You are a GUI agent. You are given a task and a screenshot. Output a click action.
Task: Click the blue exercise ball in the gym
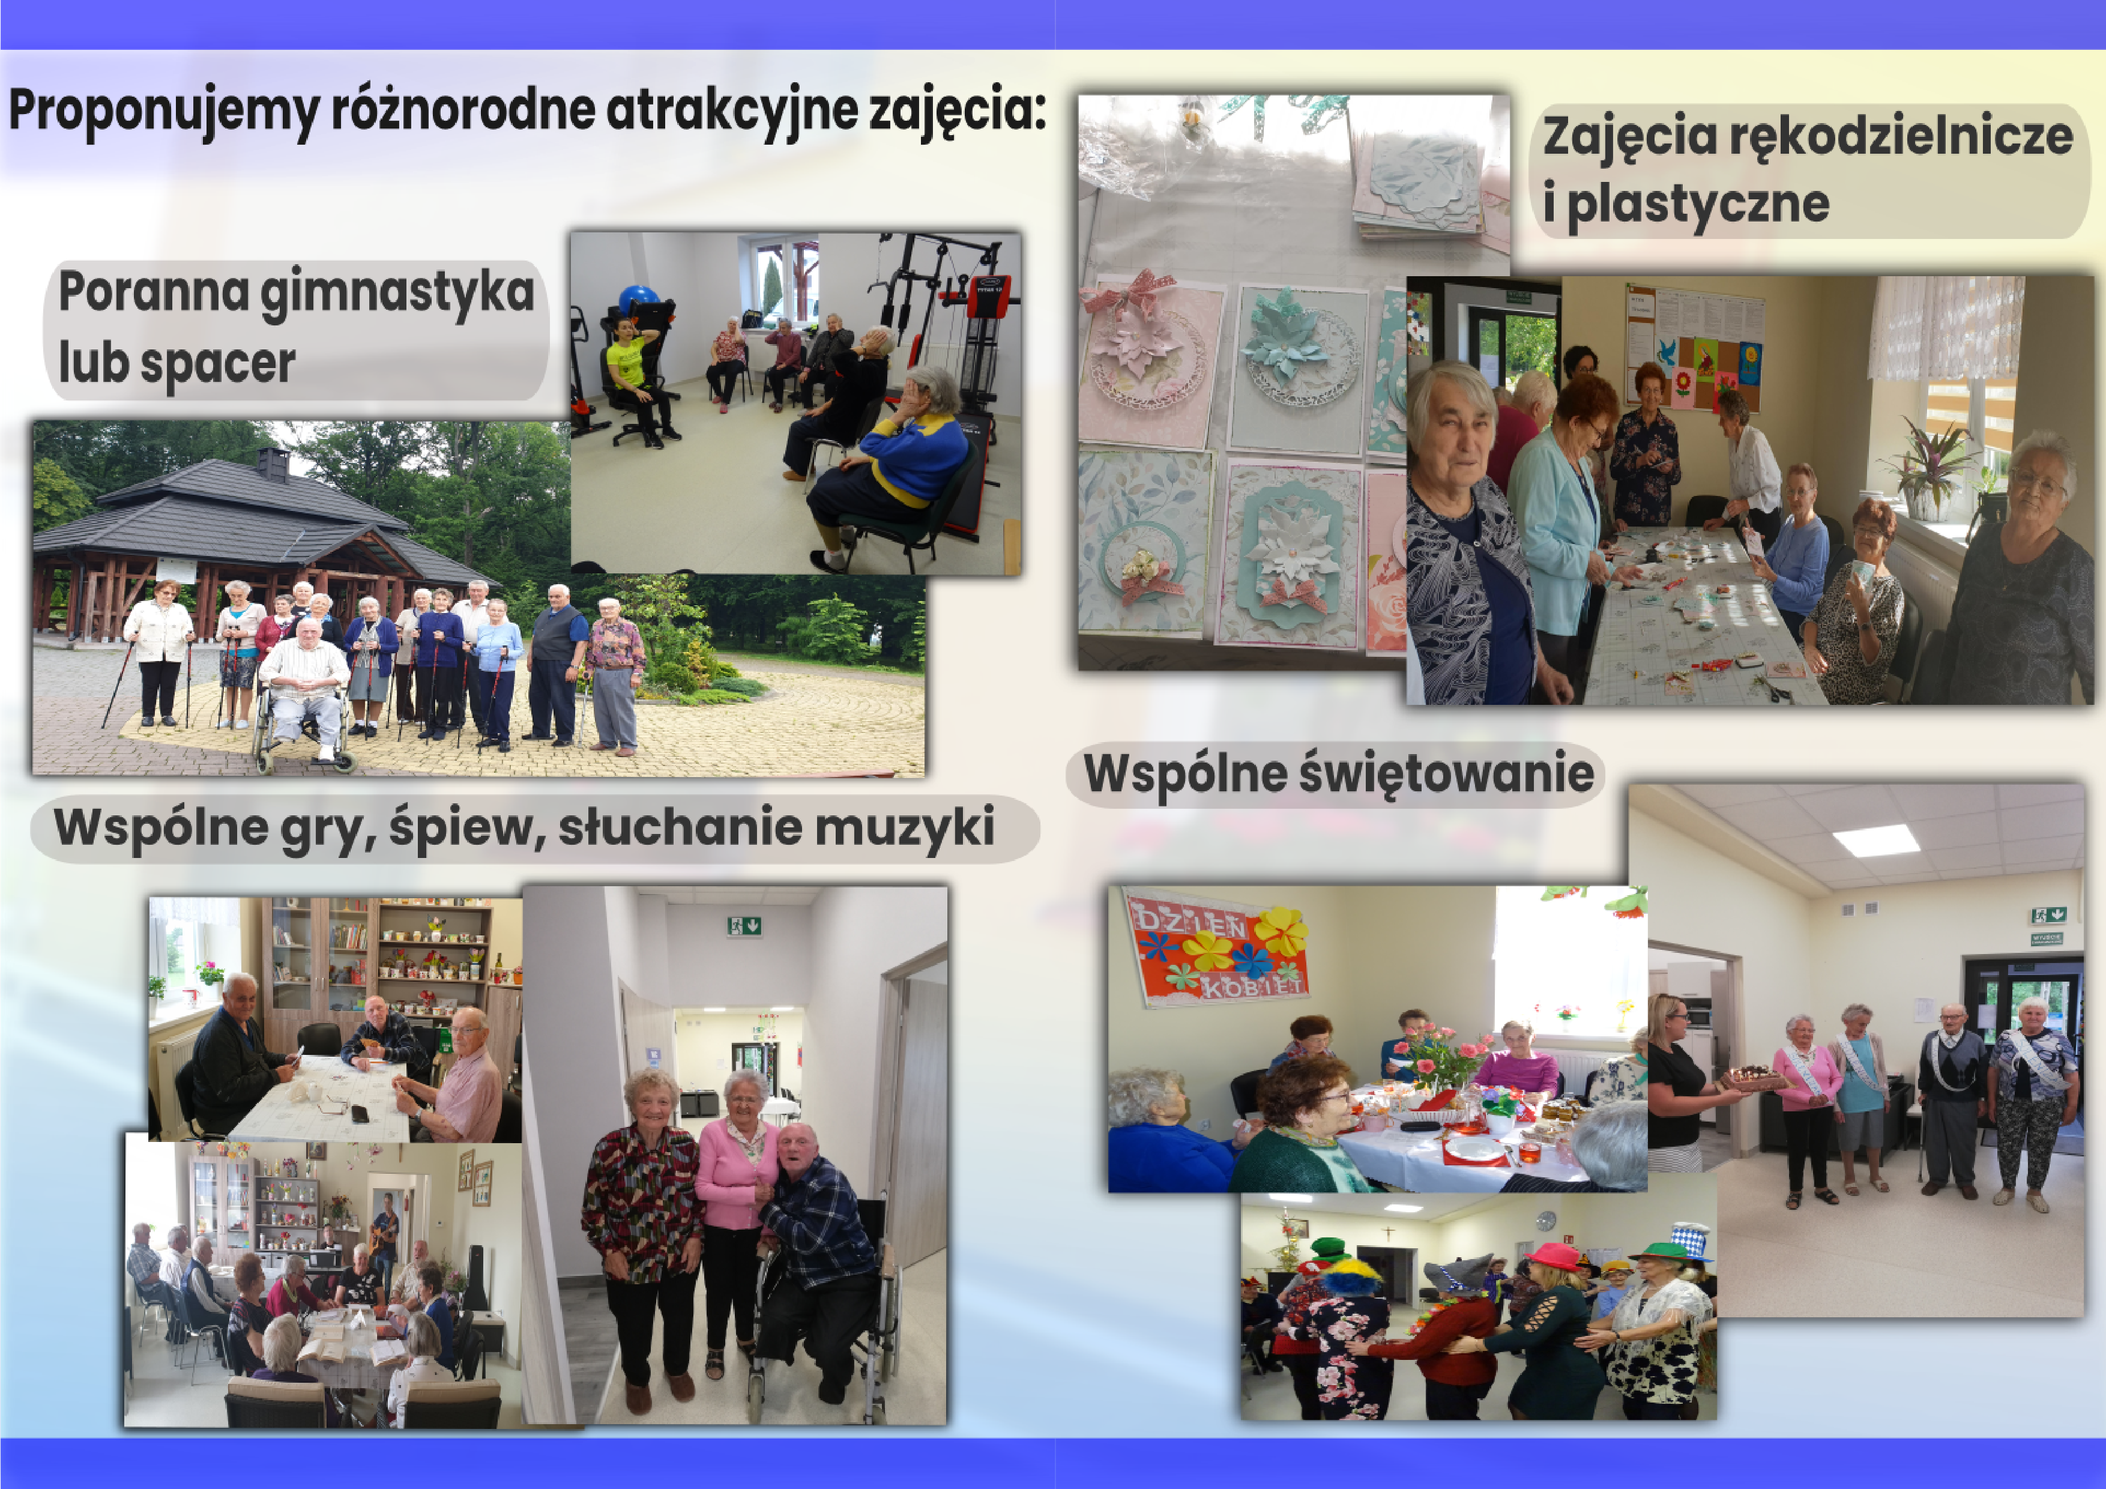(x=638, y=300)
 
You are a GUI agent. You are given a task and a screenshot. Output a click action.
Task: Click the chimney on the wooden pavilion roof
(x=273, y=464)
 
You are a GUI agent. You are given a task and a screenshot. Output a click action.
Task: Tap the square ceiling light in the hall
(x=1877, y=839)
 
